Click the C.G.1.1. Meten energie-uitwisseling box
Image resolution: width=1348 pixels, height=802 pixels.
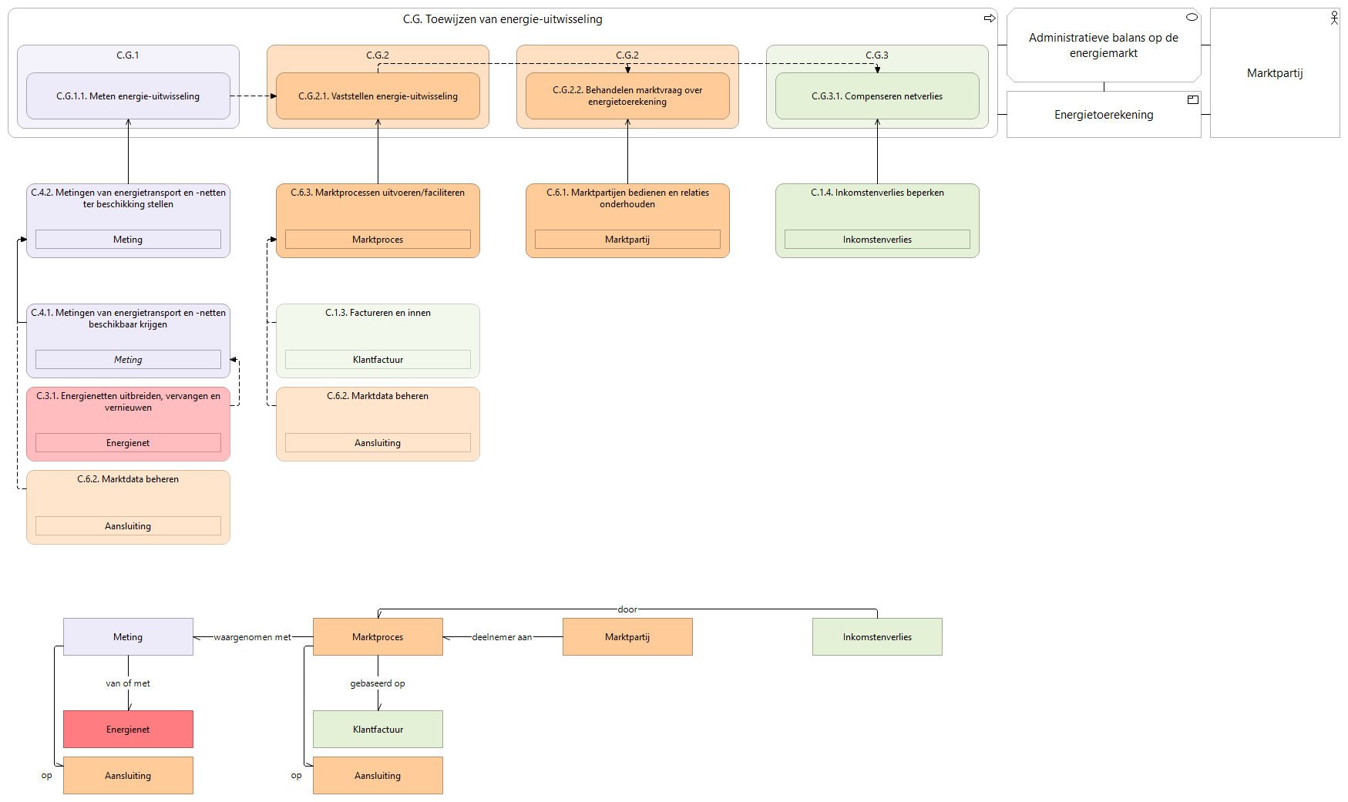point(128,96)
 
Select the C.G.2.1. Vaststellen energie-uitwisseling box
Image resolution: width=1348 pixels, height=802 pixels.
point(378,96)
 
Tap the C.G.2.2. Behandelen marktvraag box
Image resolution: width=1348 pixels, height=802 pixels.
point(627,96)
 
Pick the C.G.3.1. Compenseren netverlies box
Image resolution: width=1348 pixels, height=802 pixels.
point(877,96)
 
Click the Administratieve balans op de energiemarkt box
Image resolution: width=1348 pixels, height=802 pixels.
point(1104,45)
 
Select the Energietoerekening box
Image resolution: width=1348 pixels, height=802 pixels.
point(1104,115)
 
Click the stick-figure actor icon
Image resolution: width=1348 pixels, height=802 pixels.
point(1334,18)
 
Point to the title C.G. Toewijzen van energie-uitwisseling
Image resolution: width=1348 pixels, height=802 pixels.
point(503,19)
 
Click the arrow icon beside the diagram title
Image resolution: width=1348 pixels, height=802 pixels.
point(990,18)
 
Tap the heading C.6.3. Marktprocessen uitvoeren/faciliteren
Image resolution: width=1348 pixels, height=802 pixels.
point(378,193)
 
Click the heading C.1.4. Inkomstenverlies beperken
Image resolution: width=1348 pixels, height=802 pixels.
point(877,193)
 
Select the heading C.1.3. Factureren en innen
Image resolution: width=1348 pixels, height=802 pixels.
point(378,313)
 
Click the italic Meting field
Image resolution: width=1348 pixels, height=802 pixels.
point(128,360)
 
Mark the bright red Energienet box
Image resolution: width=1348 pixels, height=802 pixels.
point(128,730)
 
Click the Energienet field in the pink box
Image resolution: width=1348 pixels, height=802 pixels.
point(128,443)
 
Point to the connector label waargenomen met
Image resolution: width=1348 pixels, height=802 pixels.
point(253,637)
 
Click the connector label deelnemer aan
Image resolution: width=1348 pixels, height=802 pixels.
point(503,637)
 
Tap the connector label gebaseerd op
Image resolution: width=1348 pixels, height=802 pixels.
point(378,683)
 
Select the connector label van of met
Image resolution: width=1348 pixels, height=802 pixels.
point(128,683)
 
